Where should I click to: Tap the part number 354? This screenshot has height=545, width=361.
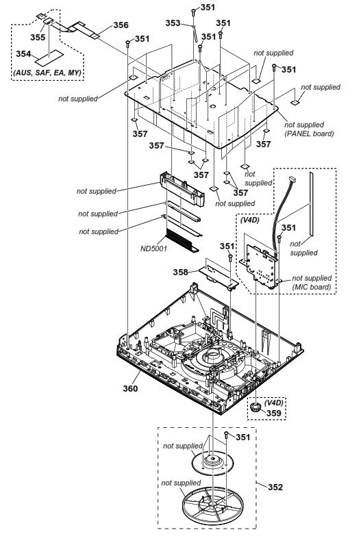point(24,53)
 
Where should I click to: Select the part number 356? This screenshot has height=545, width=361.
point(121,25)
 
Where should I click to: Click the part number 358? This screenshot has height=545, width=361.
point(180,272)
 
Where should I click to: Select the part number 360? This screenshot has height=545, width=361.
point(130,389)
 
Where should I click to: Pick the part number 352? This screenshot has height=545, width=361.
point(275,488)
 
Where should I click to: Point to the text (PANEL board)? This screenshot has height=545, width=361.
point(309,134)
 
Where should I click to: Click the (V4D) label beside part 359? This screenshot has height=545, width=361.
point(274,403)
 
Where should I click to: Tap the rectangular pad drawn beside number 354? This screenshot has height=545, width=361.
point(51,53)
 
